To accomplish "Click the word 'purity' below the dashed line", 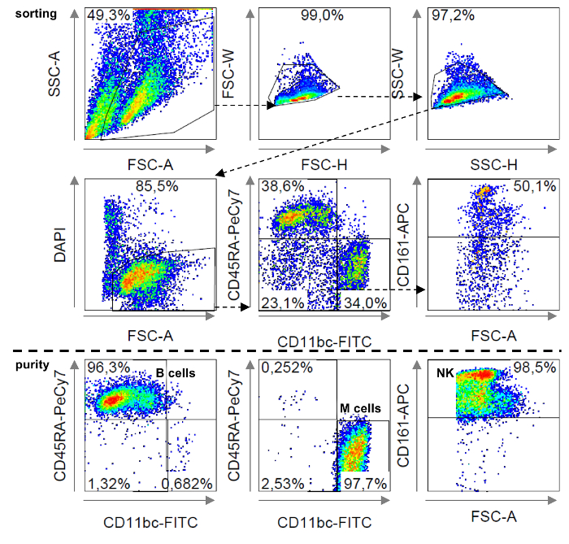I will (x=18, y=365).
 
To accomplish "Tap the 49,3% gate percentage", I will (x=107, y=15).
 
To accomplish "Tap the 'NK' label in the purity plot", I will (x=444, y=374).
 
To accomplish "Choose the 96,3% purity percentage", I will (x=108, y=368).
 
